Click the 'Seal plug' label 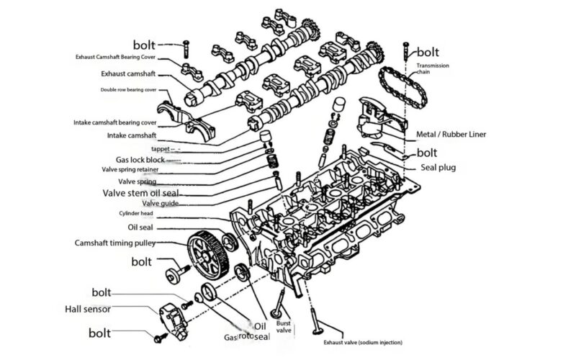tap(438, 168)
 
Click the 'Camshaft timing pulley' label tap(114, 243)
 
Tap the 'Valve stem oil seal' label tap(140, 193)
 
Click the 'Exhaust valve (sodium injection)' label tap(362, 342)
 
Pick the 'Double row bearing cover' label tap(128, 90)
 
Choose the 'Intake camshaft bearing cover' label tap(114, 122)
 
